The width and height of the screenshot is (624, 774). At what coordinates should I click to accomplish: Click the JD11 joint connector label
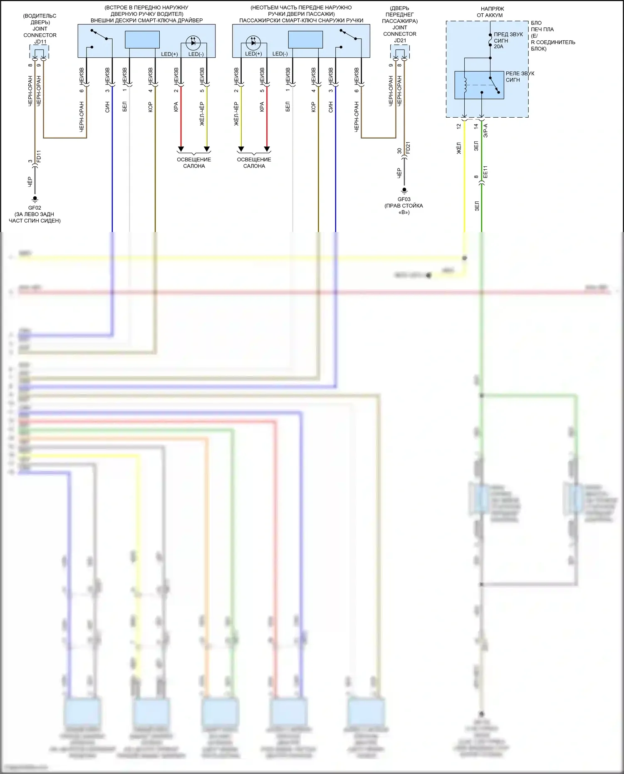point(40,42)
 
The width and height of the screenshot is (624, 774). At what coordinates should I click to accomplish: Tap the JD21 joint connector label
point(400,40)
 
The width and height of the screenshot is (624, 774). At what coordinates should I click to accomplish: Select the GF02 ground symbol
point(35,199)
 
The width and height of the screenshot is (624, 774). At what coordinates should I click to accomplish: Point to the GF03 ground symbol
point(404,190)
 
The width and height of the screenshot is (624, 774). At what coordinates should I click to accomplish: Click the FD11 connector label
point(39,156)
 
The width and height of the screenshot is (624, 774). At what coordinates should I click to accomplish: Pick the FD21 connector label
point(408,148)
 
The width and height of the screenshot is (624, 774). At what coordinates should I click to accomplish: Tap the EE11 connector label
point(485,172)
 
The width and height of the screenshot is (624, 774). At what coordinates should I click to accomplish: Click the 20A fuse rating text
point(498,47)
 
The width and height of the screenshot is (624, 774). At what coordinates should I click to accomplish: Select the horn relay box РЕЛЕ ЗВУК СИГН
point(479,85)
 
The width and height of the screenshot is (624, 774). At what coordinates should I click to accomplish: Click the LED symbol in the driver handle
point(193,42)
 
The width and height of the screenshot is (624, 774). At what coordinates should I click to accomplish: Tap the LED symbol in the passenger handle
point(253,42)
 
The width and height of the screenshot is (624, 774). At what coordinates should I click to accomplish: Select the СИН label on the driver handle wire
point(107,107)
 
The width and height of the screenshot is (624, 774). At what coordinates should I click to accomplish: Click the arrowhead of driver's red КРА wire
point(181,149)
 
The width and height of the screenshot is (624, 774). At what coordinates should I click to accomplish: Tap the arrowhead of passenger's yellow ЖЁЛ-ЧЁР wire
point(241,149)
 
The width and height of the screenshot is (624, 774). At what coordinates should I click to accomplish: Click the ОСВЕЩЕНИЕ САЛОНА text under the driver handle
point(194,163)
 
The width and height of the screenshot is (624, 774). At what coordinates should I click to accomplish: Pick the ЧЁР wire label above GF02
point(30,182)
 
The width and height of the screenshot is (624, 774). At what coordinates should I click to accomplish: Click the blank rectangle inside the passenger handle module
point(305,40)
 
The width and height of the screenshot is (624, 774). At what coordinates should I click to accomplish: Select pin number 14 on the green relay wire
point(476,126)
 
